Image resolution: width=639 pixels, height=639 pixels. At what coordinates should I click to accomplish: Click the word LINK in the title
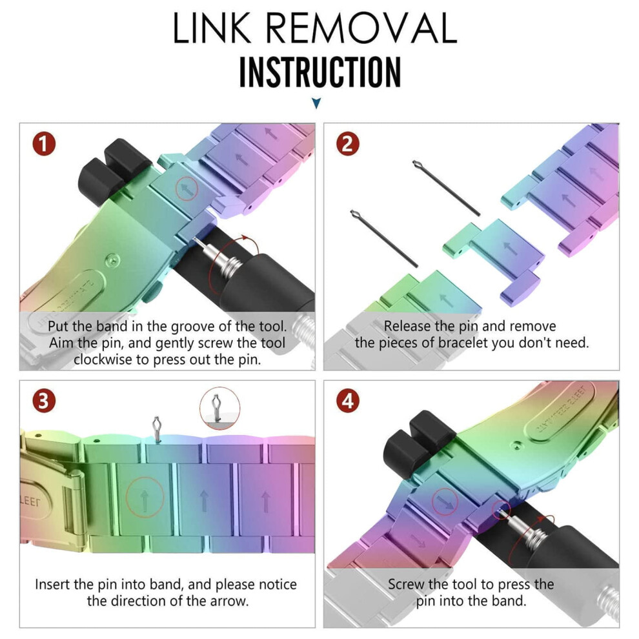tap(212, 28)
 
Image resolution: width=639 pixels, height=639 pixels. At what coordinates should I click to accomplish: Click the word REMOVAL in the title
tap(362, 28)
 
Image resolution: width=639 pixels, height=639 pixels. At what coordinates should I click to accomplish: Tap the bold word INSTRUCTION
tap(320, 72)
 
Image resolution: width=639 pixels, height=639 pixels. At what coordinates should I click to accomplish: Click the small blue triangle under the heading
tap(316, 103)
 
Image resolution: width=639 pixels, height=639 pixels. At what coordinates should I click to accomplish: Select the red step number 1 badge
tap(44, 144)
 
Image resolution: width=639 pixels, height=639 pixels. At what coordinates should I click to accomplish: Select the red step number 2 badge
tap(348, 144)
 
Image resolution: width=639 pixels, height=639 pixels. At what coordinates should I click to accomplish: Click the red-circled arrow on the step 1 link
tap(187, 188)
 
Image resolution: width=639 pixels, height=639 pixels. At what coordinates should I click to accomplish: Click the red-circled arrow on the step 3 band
tap(145, 498)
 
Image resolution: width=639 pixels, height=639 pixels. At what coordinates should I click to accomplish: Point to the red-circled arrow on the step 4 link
tap(445, 502)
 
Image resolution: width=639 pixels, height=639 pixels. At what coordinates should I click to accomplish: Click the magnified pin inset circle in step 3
tap(219, 408)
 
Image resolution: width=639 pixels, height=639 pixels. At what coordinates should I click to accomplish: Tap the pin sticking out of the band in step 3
tap(156, 429)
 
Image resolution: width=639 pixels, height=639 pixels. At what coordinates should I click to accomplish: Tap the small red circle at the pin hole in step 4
tap(502, 510)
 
